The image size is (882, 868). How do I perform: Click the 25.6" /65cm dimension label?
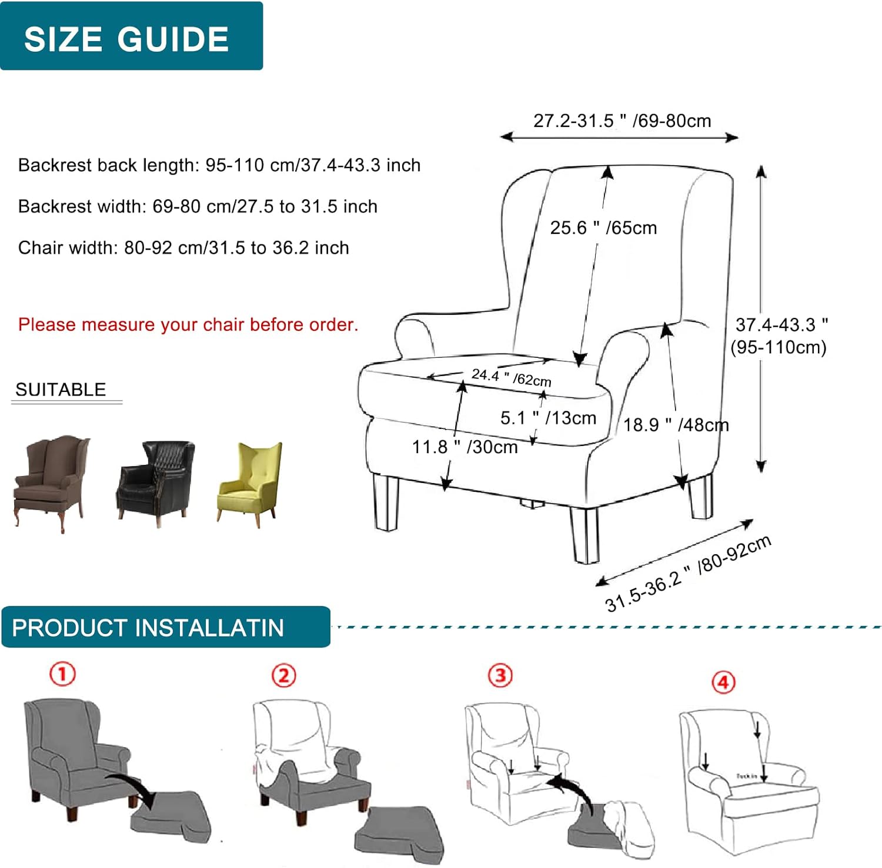(603, 228)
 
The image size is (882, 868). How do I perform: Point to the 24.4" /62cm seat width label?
(511, 377)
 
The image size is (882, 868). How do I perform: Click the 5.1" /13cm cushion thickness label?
(548, 418)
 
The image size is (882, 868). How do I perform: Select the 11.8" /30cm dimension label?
(465, 447)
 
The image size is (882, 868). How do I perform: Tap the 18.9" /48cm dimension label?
(676, 425)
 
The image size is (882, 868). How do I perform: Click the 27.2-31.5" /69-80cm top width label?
(622, 121)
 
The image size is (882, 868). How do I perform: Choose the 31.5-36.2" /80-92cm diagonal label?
(688, 574)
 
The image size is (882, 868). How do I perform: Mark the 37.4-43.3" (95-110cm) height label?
(779, 336)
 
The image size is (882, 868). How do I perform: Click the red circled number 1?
(62, 673)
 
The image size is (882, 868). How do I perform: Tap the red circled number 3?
(500, 675)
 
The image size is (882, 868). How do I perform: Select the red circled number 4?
(723, 682)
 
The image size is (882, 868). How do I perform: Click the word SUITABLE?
(61, 390)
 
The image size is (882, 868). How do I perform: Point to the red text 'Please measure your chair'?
(188, 325)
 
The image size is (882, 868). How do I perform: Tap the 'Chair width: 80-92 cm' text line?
(183, 248)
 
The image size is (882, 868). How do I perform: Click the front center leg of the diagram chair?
(585, 535)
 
